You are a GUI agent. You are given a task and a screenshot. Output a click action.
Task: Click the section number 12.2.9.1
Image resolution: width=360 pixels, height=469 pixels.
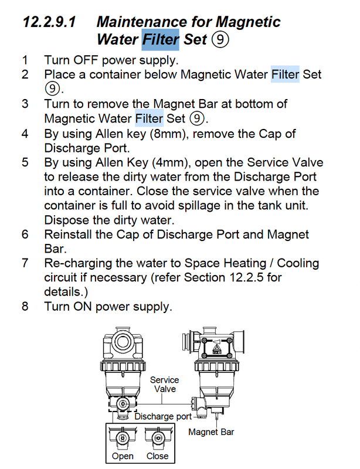(x=49, y=22)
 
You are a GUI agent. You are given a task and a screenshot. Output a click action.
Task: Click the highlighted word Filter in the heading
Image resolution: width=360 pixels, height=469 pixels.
(x=161, y=39)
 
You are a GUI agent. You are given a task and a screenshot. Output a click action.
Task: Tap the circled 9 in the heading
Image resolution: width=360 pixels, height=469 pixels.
(x=220, y=39)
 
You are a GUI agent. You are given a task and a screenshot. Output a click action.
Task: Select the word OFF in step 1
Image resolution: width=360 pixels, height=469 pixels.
(x=86, y=60)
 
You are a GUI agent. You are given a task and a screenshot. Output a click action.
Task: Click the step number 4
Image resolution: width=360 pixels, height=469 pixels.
(x=25, y=134)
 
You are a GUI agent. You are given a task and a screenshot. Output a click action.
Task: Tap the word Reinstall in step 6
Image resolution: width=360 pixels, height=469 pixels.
(x=68, y=235)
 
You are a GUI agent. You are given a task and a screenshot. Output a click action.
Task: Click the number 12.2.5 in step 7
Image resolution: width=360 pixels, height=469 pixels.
(x=246, y=277)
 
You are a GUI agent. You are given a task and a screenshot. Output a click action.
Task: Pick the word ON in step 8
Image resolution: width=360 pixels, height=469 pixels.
(x=82, y=307)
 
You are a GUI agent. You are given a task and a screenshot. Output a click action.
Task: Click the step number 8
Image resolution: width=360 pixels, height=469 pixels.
(x=25, y=307)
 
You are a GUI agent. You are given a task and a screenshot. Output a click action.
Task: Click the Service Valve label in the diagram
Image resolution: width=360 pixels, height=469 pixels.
(x=165, y=385)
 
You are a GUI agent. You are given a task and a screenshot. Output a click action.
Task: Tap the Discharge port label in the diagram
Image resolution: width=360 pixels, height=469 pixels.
(x=163, y=416)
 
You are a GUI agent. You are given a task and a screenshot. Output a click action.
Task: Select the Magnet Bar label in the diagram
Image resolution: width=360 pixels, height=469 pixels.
(x=211, y=432)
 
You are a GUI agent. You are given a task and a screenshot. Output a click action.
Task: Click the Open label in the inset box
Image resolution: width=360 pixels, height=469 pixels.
(x=123, y=456)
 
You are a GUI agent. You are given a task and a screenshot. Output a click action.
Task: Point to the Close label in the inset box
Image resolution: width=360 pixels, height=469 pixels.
(x=157, y=456)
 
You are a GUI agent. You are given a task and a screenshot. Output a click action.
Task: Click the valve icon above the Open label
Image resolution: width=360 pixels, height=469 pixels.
(x=123, y=438)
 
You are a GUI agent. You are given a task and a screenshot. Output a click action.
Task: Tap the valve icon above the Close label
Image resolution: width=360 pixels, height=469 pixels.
(x=158, y=438)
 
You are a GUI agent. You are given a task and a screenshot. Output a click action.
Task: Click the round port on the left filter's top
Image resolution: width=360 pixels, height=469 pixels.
(x=123, y=341)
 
